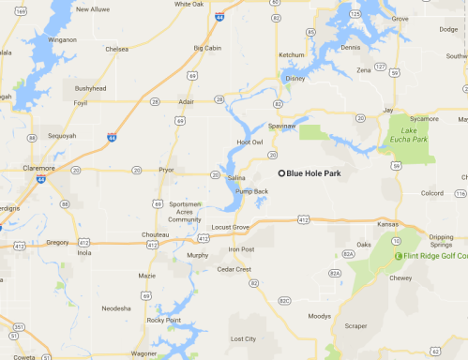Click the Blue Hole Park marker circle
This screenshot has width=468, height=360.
[x=281, y=172]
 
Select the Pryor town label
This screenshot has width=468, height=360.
[x=167, y=172]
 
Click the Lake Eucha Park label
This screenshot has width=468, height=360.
[x=409, y=135]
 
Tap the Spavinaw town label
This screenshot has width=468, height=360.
[x=282, y=124]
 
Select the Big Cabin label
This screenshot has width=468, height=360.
[x=208, y=46]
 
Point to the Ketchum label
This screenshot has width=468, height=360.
[x=292, y=54]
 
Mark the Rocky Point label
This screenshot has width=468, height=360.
[x=162, y=320]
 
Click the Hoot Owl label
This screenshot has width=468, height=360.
[x=249, y=142]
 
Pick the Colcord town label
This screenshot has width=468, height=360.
[x=431, y=194]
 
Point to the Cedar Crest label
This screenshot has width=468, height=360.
[x=234, y=269]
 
